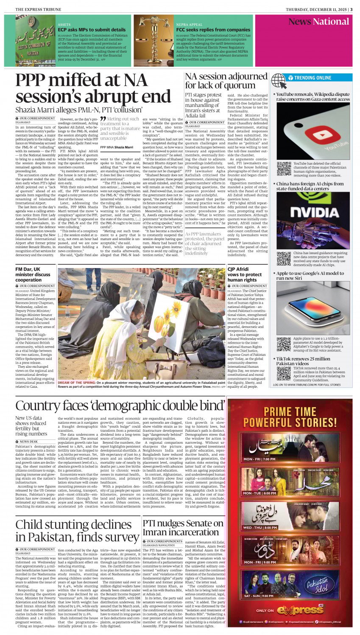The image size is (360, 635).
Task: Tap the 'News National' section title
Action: pos(319,22)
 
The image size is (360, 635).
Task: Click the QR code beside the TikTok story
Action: pos(284,373)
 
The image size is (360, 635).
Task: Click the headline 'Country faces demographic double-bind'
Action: pos(120,406)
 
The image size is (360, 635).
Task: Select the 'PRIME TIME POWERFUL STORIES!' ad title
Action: pos(290,417)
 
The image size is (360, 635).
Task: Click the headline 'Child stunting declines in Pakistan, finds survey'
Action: pos(77,531)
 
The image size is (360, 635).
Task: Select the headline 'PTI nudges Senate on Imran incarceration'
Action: pos(183,528)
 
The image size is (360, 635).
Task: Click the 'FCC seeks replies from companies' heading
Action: pos(213,30)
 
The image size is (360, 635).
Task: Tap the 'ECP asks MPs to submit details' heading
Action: pos(92,30)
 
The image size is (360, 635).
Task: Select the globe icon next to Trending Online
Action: pos(279,80)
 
